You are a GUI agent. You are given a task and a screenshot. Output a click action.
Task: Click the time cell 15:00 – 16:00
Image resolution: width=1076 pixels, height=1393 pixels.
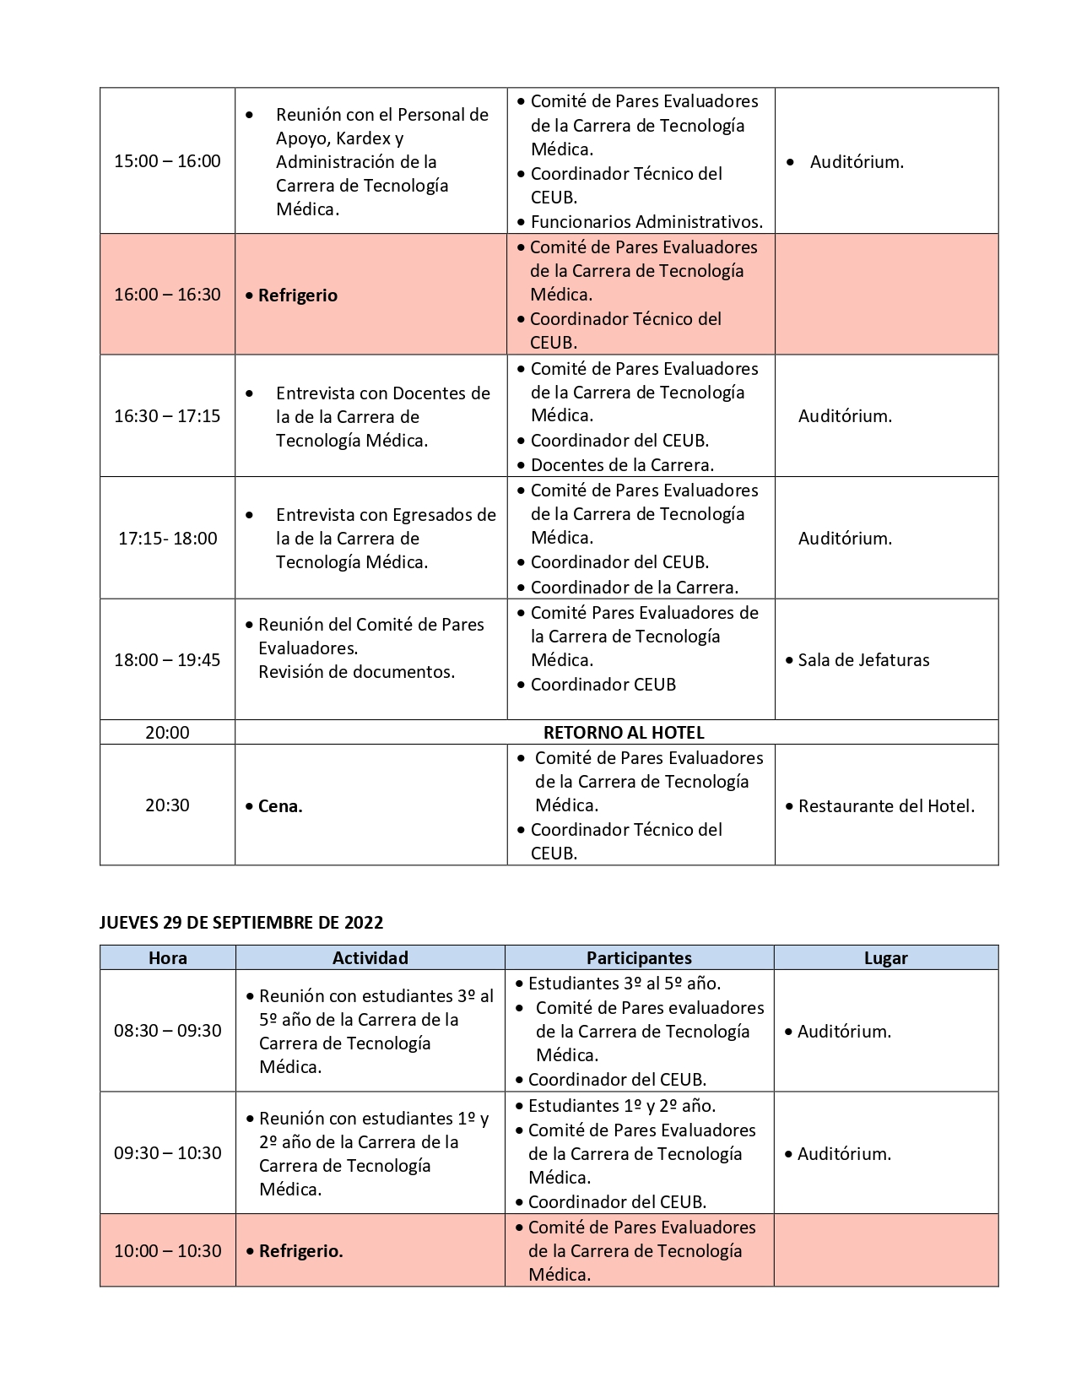pos(167,161)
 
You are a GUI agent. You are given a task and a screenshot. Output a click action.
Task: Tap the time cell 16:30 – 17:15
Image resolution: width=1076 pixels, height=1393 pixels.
pos(167,416)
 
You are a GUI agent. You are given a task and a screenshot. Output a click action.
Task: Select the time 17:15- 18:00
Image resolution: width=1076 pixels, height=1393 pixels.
pos(167,539)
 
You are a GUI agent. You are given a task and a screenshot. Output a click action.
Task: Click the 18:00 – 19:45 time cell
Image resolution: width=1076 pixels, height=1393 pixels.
pos(167,660)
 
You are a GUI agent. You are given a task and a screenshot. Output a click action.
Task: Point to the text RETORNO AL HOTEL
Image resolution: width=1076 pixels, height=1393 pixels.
pos(624,733)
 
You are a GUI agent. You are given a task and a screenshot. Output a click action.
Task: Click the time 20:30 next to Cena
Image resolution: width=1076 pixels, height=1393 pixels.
pos(167,805)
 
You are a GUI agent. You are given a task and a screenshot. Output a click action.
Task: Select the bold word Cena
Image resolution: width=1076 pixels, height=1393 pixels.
pos(280,806)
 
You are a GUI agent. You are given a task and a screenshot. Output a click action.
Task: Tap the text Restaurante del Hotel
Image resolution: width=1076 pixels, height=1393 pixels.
pos(886,806)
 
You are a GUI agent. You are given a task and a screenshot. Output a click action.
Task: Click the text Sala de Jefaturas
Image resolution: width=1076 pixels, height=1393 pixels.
pos(863,660)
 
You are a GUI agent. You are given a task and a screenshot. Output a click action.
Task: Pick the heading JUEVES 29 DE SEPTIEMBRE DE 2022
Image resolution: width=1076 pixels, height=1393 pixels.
pos(241,923)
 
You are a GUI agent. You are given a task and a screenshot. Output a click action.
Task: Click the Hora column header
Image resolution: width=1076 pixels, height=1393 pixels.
pos(167,958)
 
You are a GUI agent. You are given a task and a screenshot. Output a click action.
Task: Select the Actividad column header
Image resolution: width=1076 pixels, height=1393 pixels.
pos(370,958)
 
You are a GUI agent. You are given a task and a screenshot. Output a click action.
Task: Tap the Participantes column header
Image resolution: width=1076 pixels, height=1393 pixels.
pos(639,958)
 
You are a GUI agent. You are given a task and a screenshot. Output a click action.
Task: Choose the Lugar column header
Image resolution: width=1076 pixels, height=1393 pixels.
pos(885,958)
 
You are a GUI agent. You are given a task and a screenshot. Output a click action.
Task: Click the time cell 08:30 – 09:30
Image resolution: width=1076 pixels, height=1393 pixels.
pos(167,1031)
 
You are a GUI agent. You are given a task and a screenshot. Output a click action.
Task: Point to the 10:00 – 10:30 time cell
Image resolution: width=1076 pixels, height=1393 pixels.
pos(167,1251)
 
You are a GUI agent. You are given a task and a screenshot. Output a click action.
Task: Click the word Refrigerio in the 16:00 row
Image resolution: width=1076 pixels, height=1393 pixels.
pos(297,295)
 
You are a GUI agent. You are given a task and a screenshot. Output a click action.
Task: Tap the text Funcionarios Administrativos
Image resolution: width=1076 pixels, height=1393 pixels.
pos(646,222)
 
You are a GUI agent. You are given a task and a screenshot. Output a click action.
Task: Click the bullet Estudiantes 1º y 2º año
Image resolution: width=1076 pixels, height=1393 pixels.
pos(622,1106)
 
